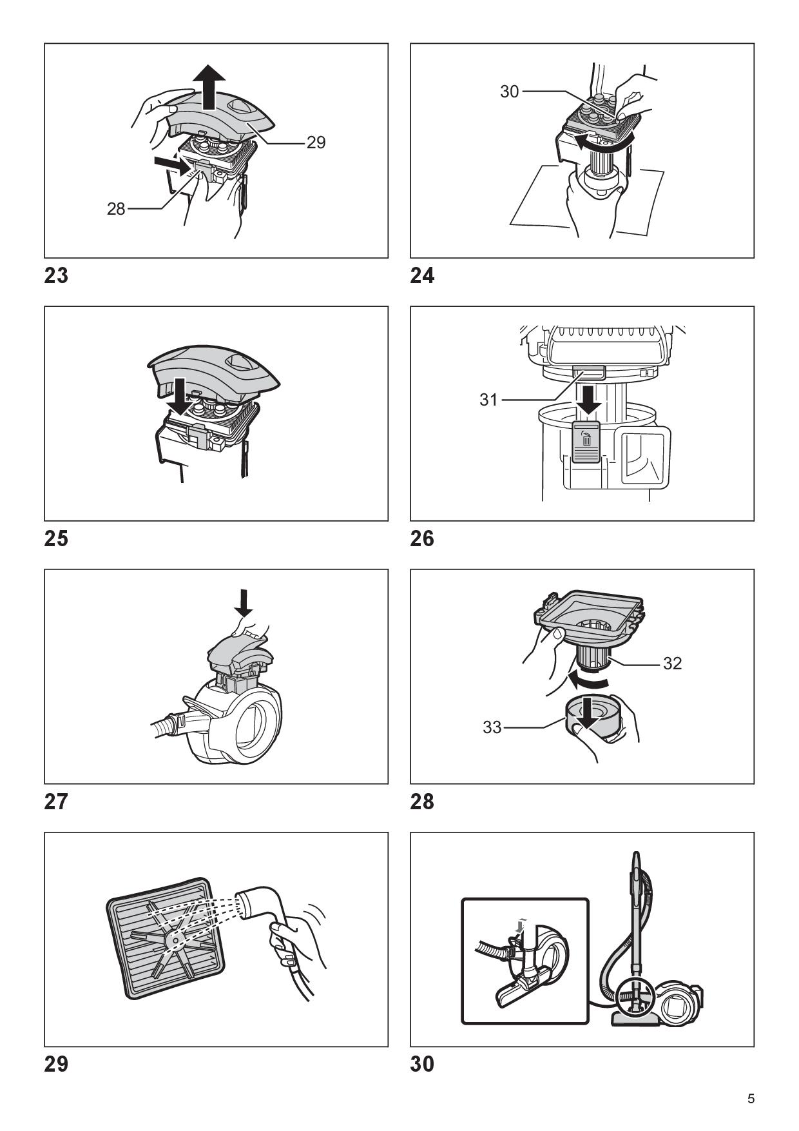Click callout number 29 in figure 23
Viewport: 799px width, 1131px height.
(316, 142)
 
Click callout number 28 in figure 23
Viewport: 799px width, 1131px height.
(116, 209)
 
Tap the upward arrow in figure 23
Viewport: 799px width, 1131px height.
(210, 87)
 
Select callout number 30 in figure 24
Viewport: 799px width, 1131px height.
(509, 92)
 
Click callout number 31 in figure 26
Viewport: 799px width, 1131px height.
(488, 400)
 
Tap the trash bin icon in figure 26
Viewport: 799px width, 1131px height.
(586, 440)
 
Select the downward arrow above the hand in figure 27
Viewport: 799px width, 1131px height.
(244, 601)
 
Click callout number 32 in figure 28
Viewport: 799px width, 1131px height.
(672, 663)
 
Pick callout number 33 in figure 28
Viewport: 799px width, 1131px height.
(492, 727)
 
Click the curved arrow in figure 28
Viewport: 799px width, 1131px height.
(586, 680)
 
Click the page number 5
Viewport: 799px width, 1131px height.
(751, 1099)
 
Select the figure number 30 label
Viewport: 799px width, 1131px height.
(422, 1064)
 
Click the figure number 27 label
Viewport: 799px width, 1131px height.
(56, 802)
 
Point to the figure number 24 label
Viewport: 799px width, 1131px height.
(422, 275)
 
